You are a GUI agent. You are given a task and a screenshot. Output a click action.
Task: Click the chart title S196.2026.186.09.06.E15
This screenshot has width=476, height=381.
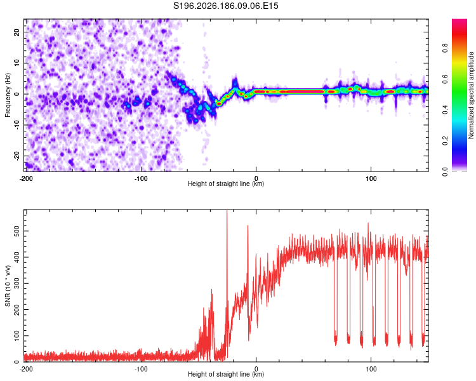225,6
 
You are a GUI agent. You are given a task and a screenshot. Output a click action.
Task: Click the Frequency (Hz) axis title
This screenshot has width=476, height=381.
8,95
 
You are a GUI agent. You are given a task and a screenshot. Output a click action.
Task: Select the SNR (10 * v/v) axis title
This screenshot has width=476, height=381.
8,286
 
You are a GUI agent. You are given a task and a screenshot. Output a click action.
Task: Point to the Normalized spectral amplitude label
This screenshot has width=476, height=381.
471,95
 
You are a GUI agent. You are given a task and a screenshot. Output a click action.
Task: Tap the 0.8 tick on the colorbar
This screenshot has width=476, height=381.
445,48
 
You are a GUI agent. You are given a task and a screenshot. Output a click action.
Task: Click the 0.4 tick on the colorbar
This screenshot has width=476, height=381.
445,110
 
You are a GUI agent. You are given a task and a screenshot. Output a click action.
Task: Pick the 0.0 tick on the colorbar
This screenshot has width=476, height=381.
445,172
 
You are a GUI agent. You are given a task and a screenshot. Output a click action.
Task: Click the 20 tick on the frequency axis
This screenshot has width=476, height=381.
17,32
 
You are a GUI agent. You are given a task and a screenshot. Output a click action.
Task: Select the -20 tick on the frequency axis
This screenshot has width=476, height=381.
17,156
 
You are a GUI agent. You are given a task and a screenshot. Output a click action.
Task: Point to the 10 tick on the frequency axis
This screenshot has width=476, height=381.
17,63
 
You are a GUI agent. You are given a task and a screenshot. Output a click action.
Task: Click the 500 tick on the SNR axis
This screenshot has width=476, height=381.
17,231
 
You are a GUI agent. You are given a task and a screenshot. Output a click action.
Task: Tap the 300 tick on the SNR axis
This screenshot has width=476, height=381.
17,283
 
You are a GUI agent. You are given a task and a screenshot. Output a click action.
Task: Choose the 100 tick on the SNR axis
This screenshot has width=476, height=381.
17,336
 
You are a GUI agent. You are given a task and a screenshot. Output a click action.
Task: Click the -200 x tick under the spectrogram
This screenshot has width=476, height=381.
26,178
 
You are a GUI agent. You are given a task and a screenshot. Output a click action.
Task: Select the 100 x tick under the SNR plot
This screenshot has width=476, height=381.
371,369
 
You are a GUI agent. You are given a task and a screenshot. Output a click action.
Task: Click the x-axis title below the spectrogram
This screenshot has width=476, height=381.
226,184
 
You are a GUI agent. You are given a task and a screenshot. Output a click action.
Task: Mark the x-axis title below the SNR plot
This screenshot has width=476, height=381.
226,374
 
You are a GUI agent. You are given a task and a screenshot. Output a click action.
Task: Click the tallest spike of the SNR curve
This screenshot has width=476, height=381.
227,210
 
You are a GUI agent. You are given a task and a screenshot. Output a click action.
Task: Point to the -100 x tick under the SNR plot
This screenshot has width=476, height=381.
141,369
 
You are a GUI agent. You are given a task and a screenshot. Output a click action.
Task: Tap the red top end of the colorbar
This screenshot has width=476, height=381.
459,21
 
